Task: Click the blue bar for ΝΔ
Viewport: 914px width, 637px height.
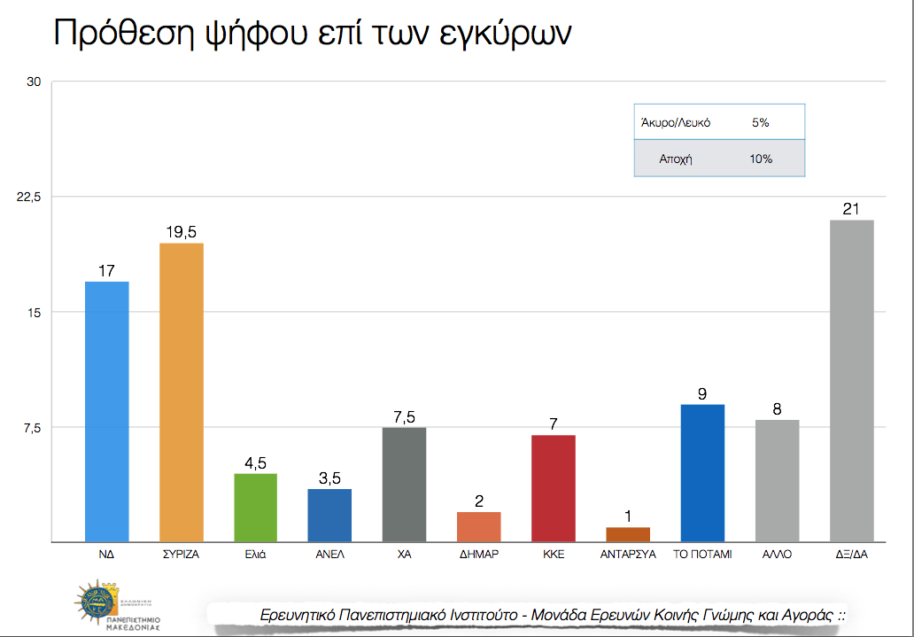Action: tap(106, 411)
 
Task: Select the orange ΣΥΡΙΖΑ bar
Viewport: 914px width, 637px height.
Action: tap(181, 392)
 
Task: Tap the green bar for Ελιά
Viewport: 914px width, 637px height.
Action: tap(255, 508)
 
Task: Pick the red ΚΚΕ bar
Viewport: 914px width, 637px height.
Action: tap(554, 488)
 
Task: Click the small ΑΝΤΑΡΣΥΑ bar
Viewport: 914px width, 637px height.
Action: tap(628, 534)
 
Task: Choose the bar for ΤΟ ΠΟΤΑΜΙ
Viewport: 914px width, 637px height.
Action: tap(702, 473)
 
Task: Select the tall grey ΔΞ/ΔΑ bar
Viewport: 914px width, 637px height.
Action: tap(852, 380)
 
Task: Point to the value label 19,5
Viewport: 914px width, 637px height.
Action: tap(181, 232)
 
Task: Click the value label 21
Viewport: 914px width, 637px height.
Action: tap(852, 209)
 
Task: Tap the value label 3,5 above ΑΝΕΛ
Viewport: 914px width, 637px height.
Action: tap(329, 478)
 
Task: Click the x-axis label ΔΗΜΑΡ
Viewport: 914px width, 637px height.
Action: tap(479, 555)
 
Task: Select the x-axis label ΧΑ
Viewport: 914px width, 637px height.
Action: tap(405, 555)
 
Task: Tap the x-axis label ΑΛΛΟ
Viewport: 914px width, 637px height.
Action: tap(777, 555)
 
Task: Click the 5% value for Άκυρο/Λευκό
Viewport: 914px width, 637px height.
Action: tap(760, 123)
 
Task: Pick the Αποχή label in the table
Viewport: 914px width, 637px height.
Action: tap(674, 159)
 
